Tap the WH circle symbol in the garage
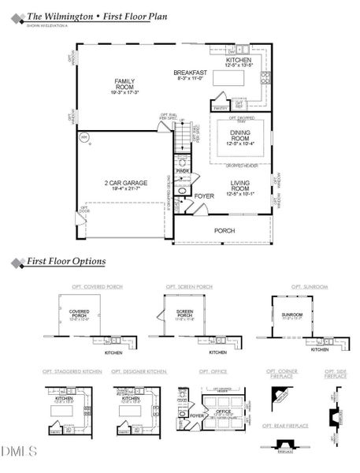coord(84,137)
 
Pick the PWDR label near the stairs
coord(183,170)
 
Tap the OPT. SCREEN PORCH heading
coord(189,287)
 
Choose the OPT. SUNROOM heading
coord(309,287)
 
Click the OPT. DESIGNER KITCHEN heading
coord(139,371)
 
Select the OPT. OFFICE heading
coord(213,371)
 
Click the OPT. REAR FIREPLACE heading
coord(285,426)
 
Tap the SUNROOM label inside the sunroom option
coord(292,315)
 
